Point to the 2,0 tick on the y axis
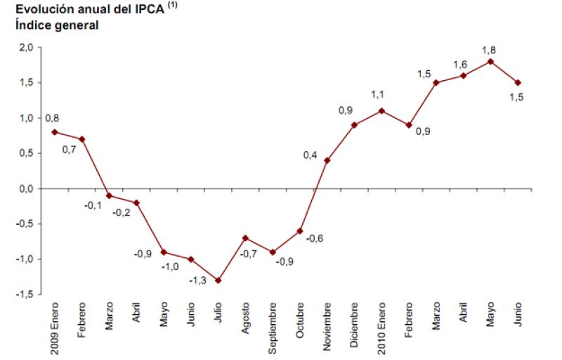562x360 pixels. tap(26, 47)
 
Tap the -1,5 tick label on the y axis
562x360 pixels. tap(25, 295)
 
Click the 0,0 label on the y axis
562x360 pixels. tap(26, 188)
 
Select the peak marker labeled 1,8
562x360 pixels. tap(490, 61)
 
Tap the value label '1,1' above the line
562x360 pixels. tap(378, 95)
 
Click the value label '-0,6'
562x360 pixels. tap(315, 238)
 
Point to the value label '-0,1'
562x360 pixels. tap(93, 205)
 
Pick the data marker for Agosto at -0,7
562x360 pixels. tap(245, 238)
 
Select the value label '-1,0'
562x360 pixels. tap(170, 266)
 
